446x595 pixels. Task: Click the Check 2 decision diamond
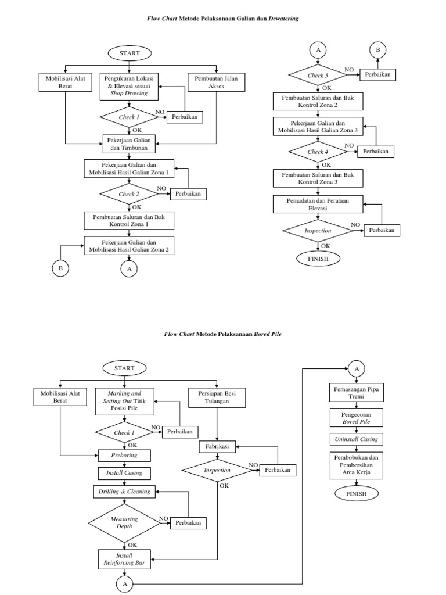pos(130,194)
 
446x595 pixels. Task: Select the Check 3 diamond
pos(317,76)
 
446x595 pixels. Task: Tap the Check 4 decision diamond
pos(318,152)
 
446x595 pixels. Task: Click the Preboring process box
pos(125,455)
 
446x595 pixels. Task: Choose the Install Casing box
pos(125,473)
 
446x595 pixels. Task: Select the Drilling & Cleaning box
pos(125,492)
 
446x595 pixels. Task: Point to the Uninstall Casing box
pos(356,439)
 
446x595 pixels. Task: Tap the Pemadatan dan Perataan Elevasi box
pos(318,204)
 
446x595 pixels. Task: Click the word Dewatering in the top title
pos(282,19)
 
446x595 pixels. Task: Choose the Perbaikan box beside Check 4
pos(376,152)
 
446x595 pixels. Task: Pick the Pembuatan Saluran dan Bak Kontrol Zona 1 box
pos(130,220)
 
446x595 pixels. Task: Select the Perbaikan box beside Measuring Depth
pos(189,524)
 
